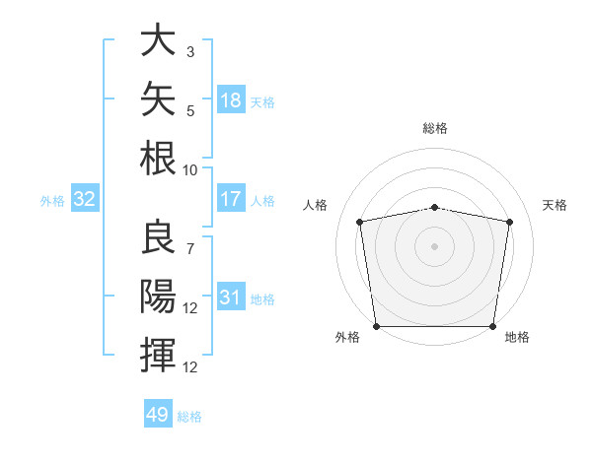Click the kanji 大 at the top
[158, 39]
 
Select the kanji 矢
[158, 99]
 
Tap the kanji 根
[158, 158]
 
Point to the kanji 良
[158, 236]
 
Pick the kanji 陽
[158, 296]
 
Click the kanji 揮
[158, 355]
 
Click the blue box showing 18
[231, 99]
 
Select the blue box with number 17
[231, 198]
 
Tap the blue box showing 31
[231, 296]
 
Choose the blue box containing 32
[85, 198]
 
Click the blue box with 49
[158, 413]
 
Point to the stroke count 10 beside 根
[189, 170]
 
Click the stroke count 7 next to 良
[190, 249]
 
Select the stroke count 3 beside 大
[190, 51]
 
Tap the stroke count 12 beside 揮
[189, 367]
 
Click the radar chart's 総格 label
[435, 128]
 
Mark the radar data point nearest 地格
[492, 326]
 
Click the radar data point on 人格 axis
[360, 222]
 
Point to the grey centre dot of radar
[434, 246]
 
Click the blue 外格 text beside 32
[52, 201]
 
